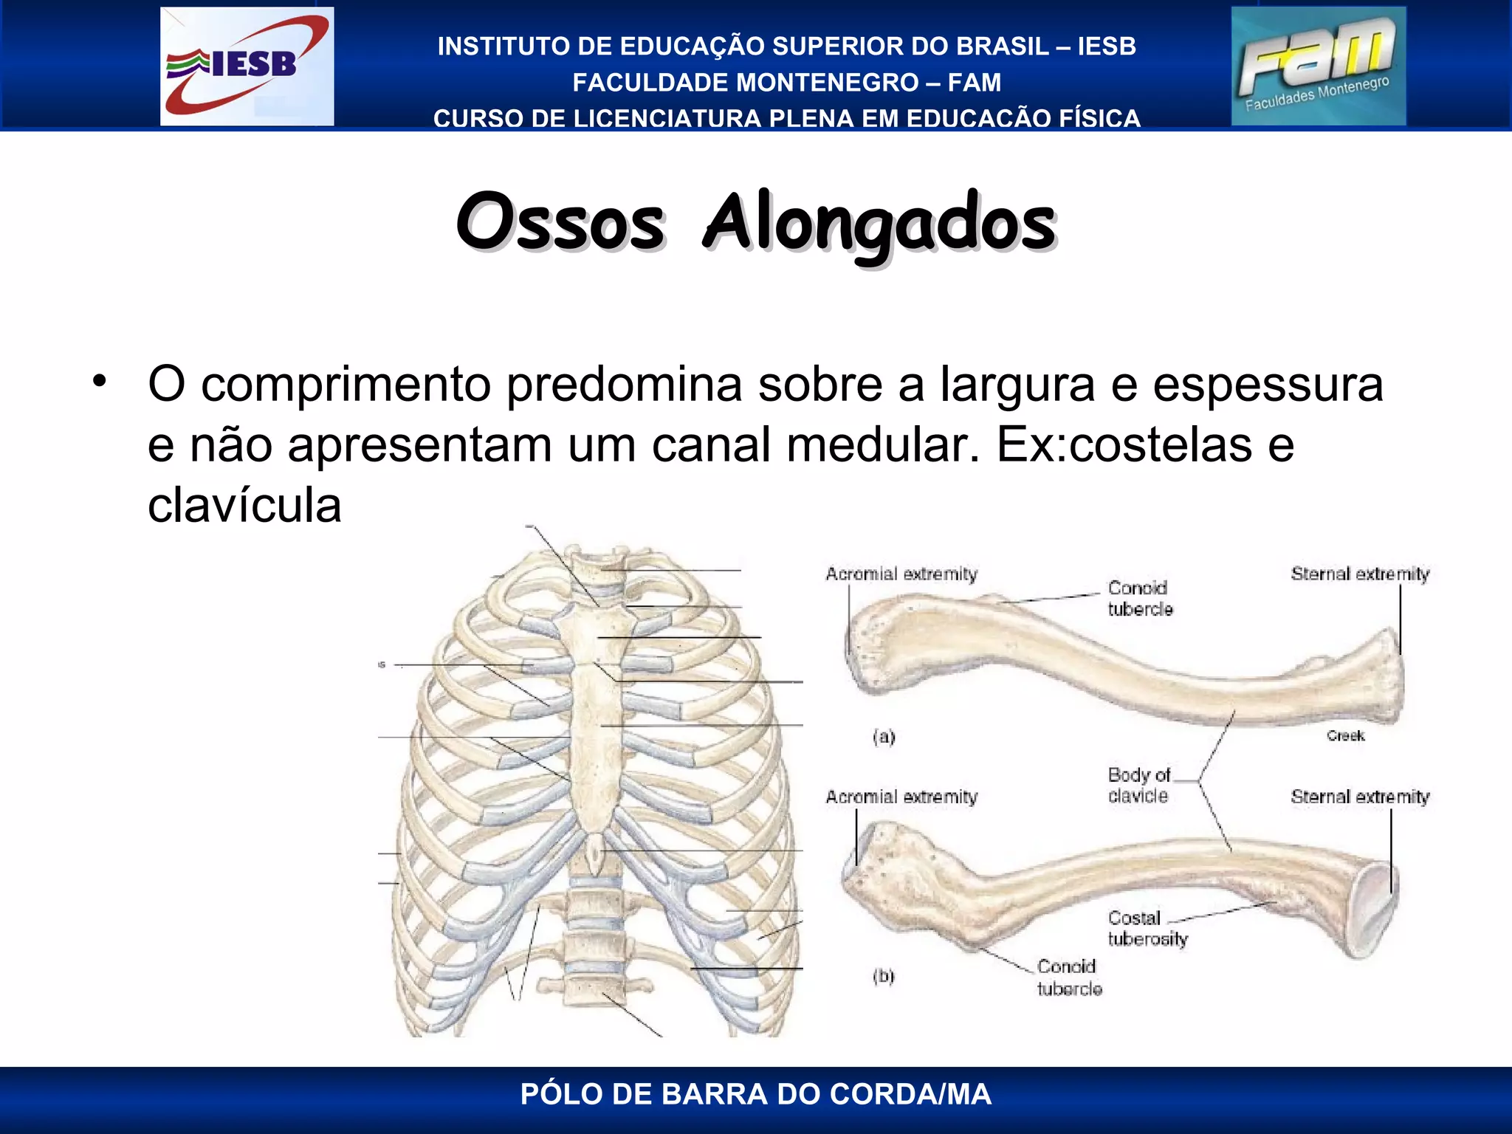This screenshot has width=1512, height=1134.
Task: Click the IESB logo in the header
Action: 247,66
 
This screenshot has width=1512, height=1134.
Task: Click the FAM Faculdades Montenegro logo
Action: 1318,66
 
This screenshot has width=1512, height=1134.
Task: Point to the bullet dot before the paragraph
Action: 100,382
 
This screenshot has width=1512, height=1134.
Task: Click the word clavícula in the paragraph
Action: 244,506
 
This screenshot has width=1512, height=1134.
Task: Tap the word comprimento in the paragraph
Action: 346,385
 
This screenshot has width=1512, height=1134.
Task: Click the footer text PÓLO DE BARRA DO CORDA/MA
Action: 755,1094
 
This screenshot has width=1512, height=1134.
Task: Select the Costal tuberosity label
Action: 1147,929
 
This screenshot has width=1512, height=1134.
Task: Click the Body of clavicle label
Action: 1138,786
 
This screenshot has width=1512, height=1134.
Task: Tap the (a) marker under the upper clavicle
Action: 884,737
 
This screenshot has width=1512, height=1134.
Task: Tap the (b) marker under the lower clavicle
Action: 883,976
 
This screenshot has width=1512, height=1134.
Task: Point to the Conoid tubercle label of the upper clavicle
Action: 1140,598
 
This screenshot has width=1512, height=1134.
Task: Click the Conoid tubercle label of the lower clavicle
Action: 1069,977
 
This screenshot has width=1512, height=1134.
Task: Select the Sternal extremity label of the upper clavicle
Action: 1359,574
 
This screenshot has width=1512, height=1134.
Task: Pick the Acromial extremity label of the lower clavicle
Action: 901,797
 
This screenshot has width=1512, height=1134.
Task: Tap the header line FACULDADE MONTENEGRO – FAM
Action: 786,83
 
